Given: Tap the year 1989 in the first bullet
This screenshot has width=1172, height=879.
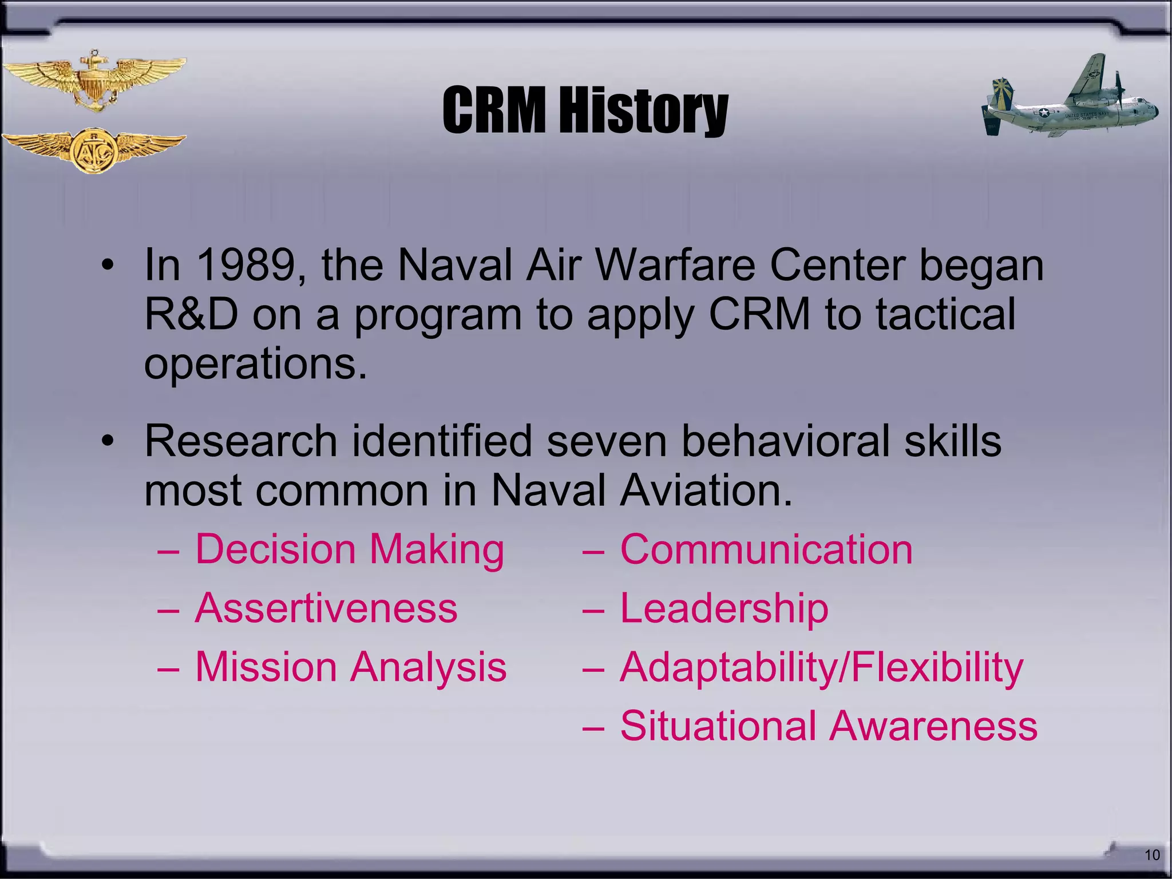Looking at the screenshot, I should [246, 266].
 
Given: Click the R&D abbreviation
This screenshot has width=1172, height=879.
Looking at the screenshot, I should [191, 314].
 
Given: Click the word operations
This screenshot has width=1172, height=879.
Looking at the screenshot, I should [255, 365].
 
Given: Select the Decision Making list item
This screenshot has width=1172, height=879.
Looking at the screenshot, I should [350, 549].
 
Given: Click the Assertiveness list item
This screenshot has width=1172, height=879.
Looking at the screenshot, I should [326, 608].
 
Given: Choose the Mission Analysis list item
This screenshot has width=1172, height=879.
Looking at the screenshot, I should [351, 668].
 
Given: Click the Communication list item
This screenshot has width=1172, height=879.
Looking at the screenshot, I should [766, 549].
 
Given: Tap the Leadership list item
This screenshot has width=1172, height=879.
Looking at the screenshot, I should [724, 608].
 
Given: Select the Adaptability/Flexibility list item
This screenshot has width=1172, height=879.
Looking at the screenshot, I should [821, 668].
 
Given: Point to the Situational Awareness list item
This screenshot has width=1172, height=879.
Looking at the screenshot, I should [828, 726].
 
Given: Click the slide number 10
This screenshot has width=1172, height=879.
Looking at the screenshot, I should [1151, 856].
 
